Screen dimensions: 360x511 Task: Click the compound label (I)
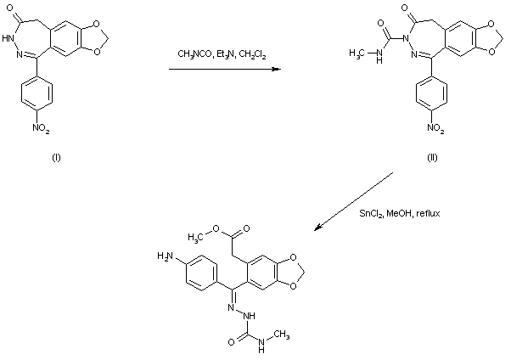click(56, 158)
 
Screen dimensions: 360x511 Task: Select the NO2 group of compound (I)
click(56, 130)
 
